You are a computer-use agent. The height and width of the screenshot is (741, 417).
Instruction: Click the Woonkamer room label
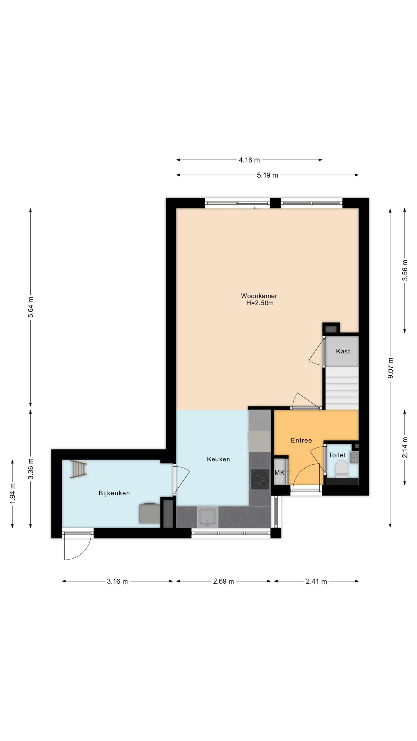pos(259,296)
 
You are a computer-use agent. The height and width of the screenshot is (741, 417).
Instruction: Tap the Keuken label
pos(218,459)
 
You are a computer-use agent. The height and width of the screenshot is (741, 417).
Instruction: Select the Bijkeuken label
pos(114,493)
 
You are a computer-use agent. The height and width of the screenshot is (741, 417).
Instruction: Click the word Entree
pos(301,440)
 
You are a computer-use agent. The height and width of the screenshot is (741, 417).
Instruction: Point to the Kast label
pos(343,351)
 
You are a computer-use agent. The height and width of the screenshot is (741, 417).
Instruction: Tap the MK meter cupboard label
pos(279,473)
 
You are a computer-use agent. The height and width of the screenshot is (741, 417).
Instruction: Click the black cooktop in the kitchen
pos(260,479)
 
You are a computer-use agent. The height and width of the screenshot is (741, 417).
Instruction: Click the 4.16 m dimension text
pos(249,160)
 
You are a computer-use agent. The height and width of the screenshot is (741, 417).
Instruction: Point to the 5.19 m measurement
pos(267,175)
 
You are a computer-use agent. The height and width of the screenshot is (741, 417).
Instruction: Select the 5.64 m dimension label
pos(30,307)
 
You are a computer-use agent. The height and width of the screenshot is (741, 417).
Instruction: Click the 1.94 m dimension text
pos(12,494)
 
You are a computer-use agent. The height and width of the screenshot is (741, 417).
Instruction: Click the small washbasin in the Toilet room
pos(354,456)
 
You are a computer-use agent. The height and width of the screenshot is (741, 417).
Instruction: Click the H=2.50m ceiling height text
pos(259,303)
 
